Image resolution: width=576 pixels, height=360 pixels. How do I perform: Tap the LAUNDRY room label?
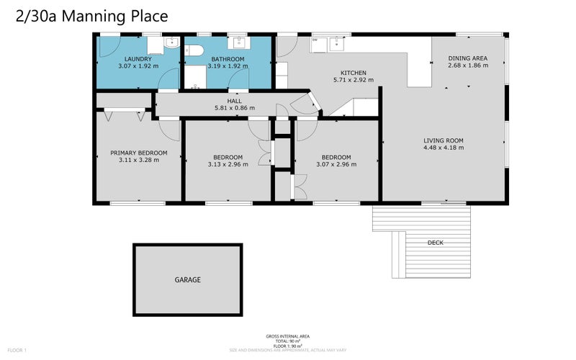pos(138,59)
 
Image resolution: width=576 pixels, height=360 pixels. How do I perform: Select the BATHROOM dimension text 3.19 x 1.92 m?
pos(228,66)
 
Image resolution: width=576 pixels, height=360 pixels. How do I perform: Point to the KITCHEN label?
pos(354,73)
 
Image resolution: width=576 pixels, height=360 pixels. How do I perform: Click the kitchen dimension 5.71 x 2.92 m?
pos(354,80)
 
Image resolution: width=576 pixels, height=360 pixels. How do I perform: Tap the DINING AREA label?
pos(468,58)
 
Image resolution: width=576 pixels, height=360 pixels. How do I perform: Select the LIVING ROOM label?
pos(443,140)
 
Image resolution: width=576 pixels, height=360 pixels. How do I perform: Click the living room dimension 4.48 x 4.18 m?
pos(443,148)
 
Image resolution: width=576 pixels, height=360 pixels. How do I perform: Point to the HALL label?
pos(234,101)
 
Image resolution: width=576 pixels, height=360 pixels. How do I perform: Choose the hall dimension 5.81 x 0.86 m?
pos(234,108)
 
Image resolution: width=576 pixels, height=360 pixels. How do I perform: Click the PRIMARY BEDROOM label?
pos(138,153)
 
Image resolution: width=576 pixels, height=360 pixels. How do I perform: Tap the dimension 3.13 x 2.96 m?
pos(228,164)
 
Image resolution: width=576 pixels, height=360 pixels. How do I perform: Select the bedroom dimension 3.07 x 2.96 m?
pos(336,164)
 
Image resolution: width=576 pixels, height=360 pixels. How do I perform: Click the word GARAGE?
pos(187,279)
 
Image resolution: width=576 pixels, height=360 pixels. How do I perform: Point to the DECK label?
pos(435,243)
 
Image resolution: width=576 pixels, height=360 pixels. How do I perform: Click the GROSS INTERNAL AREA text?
pos(288,336)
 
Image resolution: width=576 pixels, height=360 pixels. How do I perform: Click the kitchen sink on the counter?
pos(336,44)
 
